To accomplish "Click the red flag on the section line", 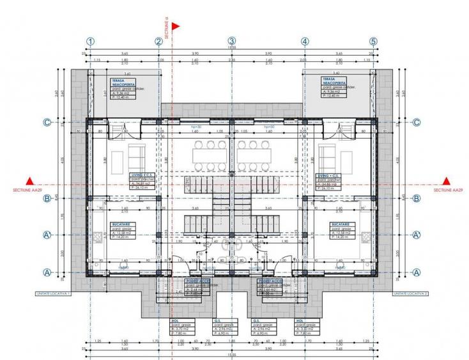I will (x=176, y=26).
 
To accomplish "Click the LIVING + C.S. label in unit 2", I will (x=331, y=175).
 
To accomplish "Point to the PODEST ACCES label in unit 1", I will (x=196, y=280).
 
